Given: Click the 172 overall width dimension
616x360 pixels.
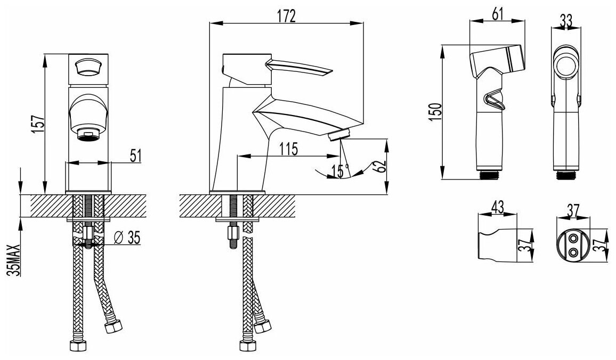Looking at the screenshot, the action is (286, 17).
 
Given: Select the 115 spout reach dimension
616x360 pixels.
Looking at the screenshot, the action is (288, 149).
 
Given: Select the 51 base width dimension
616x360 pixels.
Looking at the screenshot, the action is (135, 155).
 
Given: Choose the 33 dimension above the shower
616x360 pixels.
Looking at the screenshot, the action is (565, 20).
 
